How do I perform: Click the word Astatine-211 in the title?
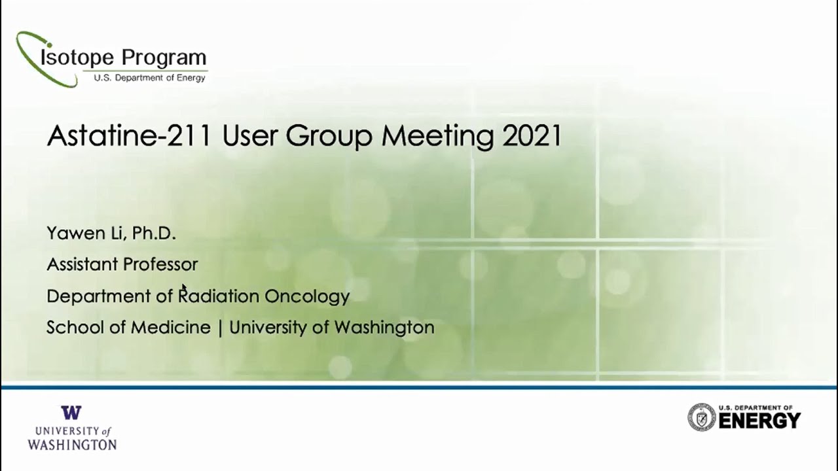pyautogui.click(x=129, y=136)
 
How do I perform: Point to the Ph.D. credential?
pyautogui.click(x=154, y=234)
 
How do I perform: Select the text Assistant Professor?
pyautogui.click(x=122, y=264)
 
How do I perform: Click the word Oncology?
pyautogui.click(x=306, y=296)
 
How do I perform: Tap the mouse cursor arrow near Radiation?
pyautogui.click(x=184, y=287)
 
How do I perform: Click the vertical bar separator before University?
pyautogui.click(x=220, y=328)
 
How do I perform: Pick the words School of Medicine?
pyautogui.click(x=128, y=327)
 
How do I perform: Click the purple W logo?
pyautogui.click(x=71, y=413)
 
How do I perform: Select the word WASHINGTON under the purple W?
pyautogui.click(x=72, y=445)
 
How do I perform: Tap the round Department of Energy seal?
pyautogui.click(x=701, y=417)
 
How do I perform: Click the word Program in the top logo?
pyautogui.click(x=164, y=58)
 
